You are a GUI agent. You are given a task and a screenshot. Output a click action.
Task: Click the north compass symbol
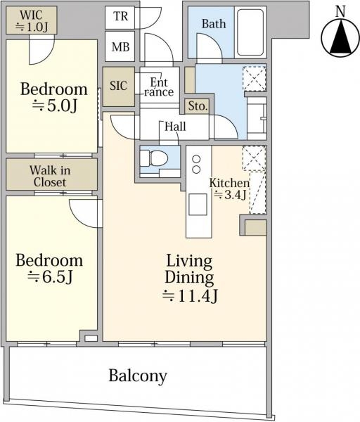(x=341, y=38)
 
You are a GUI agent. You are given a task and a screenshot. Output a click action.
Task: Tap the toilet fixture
(x=154, y=158)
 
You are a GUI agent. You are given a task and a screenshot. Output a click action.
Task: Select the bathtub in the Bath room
(x=250, y=32)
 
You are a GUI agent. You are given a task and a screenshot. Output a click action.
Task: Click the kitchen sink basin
(x=198, y=205)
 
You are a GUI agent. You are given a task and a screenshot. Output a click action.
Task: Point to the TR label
(x=120, y=16)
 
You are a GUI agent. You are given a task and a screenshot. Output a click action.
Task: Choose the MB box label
(x=120, y=47)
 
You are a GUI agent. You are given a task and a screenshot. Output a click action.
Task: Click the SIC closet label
(x=118, y=86)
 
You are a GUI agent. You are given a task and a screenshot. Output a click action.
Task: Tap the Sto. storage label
(x=198, y=106)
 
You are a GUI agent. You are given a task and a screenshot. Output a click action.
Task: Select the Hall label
(x=175, y=127)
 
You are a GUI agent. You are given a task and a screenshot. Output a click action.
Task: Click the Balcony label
(x=138, y=376)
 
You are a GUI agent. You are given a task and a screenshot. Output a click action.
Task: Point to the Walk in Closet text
(x=50, y=177)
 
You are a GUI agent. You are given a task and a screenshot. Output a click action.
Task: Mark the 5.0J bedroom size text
(x=55, y=106)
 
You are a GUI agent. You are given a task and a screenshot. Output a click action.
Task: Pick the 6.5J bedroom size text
(x=51, y=277)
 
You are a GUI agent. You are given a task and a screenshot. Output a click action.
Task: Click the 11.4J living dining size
(x=190, y=296)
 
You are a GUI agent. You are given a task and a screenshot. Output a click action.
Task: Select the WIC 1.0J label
(x=32, y=20)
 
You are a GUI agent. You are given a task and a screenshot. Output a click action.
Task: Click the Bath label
(x=214, y=24)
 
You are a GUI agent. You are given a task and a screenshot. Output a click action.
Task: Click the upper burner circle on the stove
(x=196, y=160)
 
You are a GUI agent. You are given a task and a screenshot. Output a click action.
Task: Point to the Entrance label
(x=159, y=87)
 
